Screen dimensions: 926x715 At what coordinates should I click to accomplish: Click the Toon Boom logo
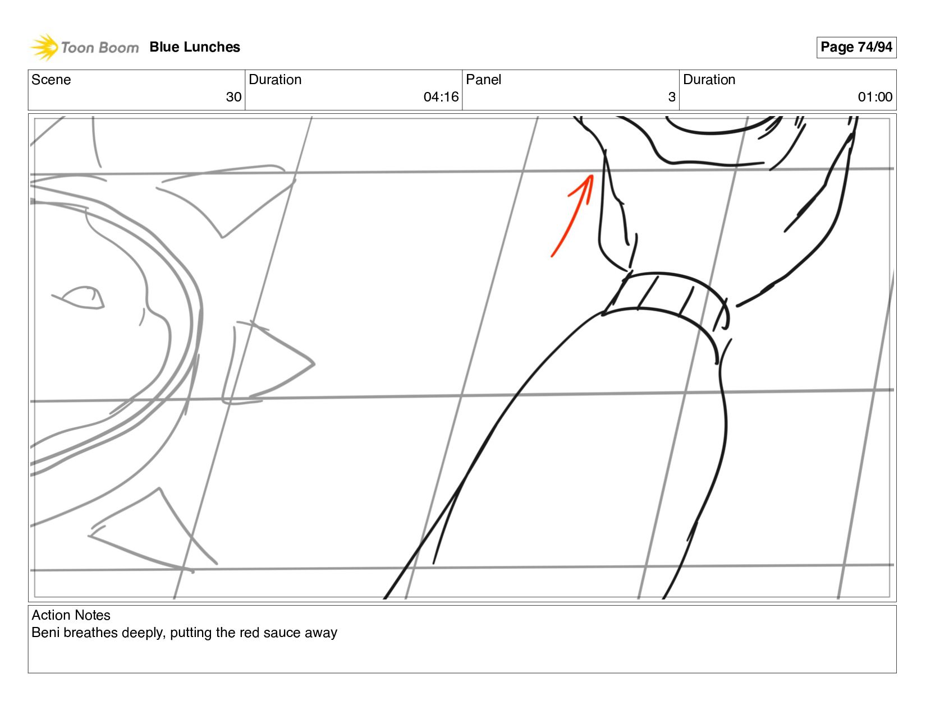coord(84,47)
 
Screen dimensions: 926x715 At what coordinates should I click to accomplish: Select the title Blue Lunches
coord(195,47)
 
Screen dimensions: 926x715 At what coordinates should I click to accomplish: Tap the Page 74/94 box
coord(856,47)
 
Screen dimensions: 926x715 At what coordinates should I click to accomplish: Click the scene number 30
coord(233,97)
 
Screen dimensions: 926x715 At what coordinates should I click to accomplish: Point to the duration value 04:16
coord(441,97)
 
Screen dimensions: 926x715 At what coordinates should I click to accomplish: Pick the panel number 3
coord(671,97)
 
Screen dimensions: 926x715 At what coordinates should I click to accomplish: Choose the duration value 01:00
coord(875,97)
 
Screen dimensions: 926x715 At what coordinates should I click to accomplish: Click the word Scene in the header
coord(51,80)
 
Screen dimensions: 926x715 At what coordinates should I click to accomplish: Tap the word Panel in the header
coord(483,80)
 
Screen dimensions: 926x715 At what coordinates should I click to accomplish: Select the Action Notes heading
coord(71,615)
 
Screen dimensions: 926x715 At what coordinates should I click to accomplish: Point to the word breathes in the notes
coord(90,633)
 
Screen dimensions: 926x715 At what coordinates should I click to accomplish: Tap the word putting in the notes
coord(191,633)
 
